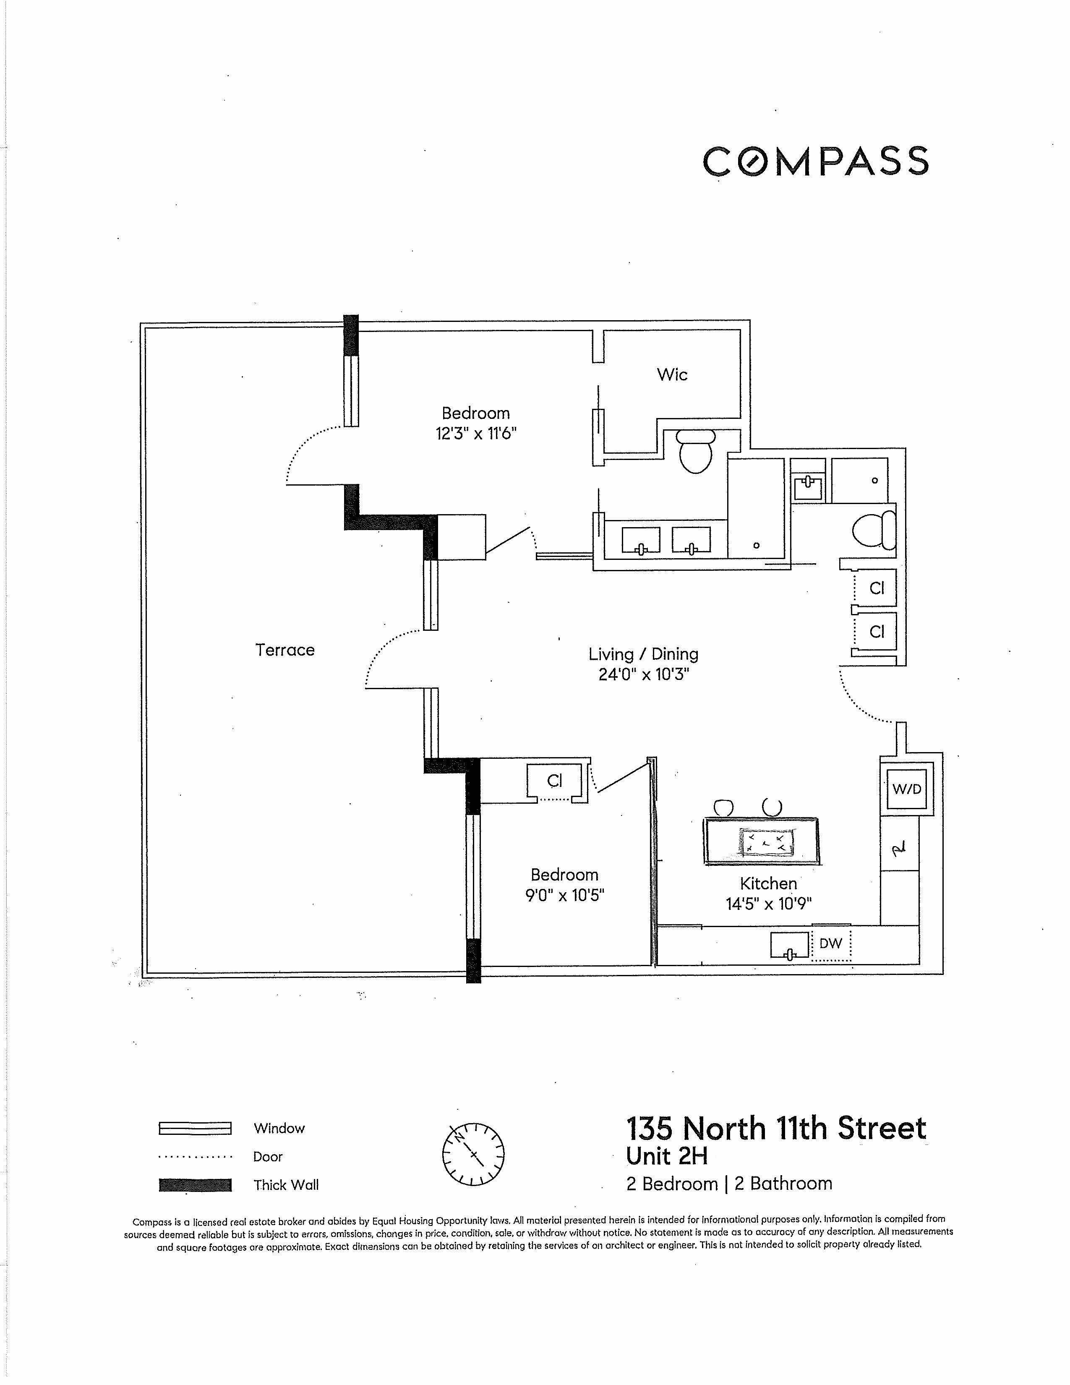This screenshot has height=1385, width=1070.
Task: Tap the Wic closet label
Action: point(672,375)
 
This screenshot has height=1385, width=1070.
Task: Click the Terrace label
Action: point(284,650)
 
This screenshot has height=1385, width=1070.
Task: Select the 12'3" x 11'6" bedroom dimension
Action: point(476,434)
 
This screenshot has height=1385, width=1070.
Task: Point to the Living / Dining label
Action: point(643,654)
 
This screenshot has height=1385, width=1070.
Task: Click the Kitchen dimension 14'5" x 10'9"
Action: point(768,904)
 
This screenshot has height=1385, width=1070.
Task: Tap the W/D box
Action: point(906,789)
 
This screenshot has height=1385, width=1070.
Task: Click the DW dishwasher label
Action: point(830,943)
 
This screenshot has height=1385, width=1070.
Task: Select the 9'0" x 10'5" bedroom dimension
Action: point(564,896)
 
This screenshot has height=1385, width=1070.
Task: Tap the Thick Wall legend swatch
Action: point(195,1185)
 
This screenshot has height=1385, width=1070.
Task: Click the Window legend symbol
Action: point(195,1128)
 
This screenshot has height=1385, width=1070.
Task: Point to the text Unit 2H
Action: point(666,1156)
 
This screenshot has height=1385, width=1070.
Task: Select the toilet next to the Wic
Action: point(695,452)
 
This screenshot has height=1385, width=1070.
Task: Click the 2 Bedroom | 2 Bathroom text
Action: point(729,1184)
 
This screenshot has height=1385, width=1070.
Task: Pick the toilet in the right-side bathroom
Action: point(874,530)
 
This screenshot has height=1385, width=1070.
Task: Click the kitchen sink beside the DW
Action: point(790,945)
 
